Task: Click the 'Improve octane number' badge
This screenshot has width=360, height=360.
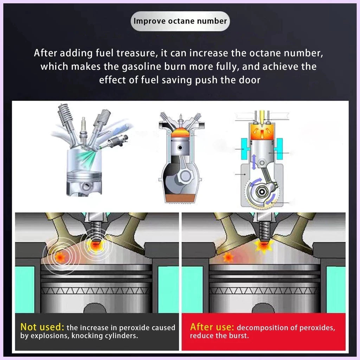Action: [180, 21]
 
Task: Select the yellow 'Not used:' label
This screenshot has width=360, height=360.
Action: [42, 327]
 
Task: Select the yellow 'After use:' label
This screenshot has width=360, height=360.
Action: [212, 327]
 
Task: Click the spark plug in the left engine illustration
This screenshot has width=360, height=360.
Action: [83, 131]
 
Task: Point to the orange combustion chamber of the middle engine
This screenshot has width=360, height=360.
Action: [180, 133]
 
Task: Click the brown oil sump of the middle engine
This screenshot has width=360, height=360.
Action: [180, 198]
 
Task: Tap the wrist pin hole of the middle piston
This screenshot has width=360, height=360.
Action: [180, 147]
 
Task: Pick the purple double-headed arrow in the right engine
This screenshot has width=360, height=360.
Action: [254, 162]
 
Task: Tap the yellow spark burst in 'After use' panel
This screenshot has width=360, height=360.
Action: [264, 246]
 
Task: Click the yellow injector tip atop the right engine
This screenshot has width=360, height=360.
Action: [262, 118]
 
